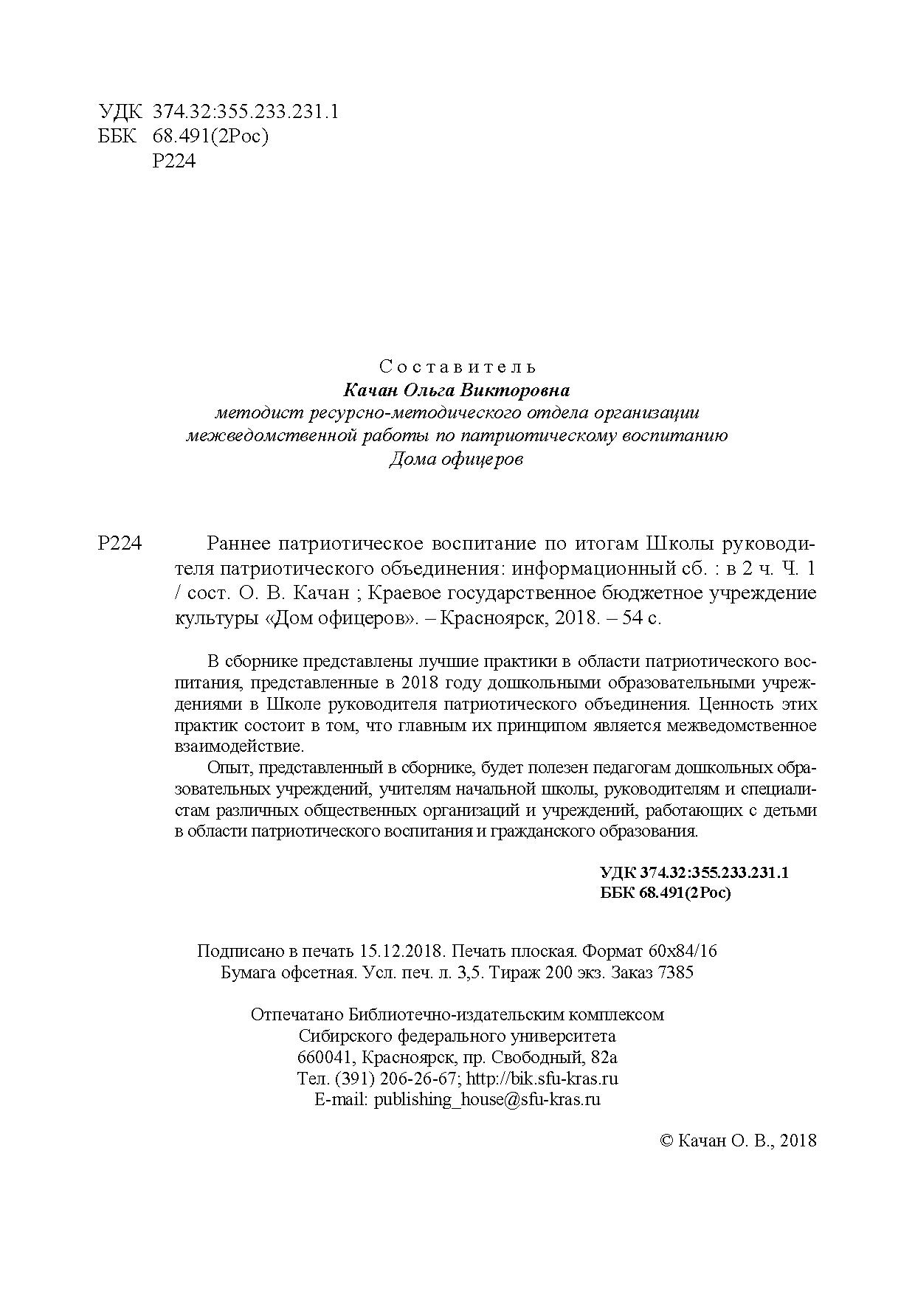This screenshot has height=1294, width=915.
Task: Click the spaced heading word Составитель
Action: coord(457,366)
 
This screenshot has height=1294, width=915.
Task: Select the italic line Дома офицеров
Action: coord(456,460)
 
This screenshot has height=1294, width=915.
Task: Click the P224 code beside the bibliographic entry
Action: coord(119,544)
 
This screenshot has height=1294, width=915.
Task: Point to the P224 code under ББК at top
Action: coord(174,162)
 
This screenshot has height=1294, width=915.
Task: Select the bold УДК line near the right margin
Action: coord(695,872)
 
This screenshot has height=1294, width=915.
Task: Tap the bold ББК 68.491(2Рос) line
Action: coord(666,893)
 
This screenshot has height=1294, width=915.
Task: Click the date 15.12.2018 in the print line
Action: coord(401,951)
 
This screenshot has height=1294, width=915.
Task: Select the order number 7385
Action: coord(674,972)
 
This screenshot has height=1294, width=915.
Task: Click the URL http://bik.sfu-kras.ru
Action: coord(543,1079)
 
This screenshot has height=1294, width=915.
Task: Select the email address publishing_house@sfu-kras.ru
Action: coord(487,1099)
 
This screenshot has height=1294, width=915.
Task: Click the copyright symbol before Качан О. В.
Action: coord(666,1141)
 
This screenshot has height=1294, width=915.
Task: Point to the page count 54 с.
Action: coord(643,618)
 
